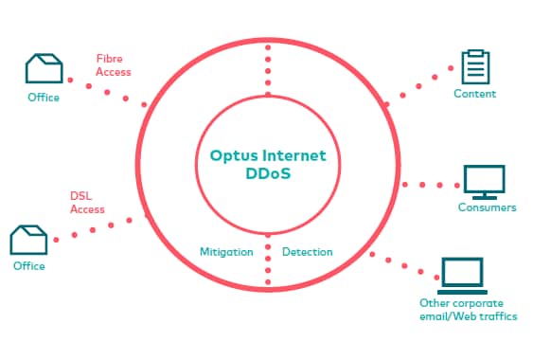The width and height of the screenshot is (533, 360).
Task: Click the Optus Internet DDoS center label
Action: click(266, 162)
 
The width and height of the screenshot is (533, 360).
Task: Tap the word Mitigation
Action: click(225, 252)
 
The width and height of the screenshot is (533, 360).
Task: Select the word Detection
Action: click(308, 252)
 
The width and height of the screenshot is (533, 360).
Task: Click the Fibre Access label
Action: click(114, 64)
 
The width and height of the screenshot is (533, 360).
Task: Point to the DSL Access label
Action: click(87, 203)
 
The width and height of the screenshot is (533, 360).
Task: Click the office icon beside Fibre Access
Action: click(44, 69)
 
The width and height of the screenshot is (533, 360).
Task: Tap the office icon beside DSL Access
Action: click(28, 240)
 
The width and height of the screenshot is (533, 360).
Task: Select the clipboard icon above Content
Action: click(474, 66)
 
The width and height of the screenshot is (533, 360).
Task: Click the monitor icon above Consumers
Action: click(484, 179)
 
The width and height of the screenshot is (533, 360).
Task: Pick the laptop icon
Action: click(462, 276)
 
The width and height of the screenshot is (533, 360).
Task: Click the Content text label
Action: click(474, 94)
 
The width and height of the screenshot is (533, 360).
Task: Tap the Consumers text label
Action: click(487, 207)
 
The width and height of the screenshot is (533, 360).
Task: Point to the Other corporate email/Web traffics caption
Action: click(468, 310)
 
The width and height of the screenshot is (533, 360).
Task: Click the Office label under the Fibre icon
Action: click(44, 98)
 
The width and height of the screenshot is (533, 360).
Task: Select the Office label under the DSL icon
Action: click(28, 266)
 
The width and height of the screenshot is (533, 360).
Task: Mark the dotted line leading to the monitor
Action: click(425, 184)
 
